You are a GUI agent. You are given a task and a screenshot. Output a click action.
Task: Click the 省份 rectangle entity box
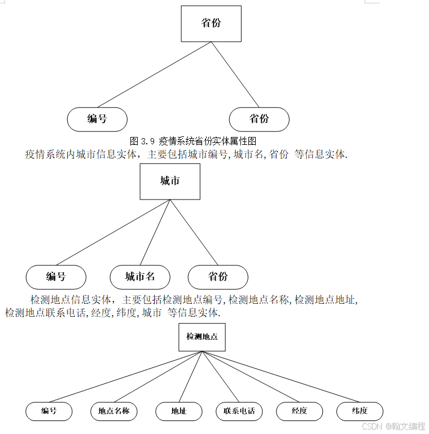tap(211, 24)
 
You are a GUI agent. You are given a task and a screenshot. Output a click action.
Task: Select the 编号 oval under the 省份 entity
tap(97, 119)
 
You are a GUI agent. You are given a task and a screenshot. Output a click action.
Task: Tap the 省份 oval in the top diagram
tap(259, 119)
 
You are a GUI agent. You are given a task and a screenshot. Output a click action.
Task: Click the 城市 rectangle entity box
tap(170, 181)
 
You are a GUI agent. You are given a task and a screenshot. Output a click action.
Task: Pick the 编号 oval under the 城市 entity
tap(56, 277)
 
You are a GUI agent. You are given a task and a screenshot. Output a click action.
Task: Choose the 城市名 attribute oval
tap(140, 277)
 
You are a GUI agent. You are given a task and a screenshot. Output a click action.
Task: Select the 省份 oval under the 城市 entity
tap(218, 277)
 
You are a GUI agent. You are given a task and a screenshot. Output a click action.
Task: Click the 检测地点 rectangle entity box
tap(202, 337)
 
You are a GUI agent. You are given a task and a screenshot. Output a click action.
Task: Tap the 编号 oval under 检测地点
tap(49, 411)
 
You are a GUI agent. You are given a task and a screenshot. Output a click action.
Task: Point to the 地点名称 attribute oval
tap(114, 411)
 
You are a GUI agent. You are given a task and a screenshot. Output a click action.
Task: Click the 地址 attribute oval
tap(179, 411)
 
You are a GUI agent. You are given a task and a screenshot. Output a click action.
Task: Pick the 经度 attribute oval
tap(300, 411)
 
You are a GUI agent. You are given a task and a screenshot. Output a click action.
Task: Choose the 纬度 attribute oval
tap(360, 411)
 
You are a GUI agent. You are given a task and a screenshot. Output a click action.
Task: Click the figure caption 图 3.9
tap(193, 141)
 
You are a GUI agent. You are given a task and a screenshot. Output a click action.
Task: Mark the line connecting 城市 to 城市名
tap(155, 232)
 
